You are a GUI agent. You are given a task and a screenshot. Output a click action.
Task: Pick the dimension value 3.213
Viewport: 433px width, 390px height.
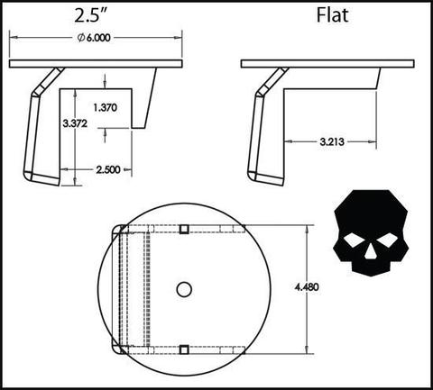pos(329,141)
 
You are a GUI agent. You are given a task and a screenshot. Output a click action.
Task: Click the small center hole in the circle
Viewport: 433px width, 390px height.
pos(184,289)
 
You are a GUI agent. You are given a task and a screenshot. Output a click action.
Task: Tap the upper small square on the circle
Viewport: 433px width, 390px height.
pos(184,229)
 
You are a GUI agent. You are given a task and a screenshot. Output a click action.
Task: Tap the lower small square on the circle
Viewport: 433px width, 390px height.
pos(184,349)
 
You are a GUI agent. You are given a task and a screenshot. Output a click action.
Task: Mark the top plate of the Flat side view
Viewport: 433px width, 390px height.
pos(328,64)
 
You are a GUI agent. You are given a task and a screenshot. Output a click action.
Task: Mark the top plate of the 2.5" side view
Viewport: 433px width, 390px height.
pos(97,64)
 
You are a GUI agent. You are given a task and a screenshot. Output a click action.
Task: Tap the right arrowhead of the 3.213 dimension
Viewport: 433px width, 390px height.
pos(371,141)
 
